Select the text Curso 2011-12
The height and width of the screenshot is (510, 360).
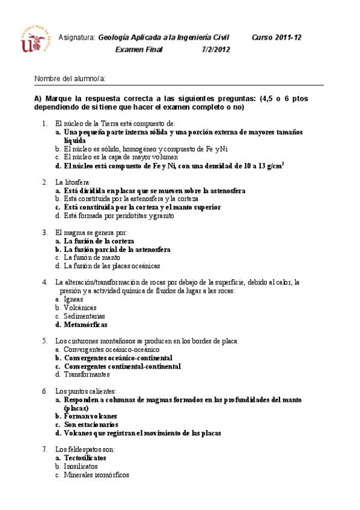[276, 37]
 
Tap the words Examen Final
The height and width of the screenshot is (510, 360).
[135, 50]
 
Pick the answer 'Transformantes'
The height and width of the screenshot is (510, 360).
[87, 374]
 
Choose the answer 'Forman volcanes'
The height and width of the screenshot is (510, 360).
[91, 416]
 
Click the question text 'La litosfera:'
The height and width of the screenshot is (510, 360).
[73, 182]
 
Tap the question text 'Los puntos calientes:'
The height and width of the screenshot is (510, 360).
[85, 391]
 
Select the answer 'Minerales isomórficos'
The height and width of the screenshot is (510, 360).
[96, 475]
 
